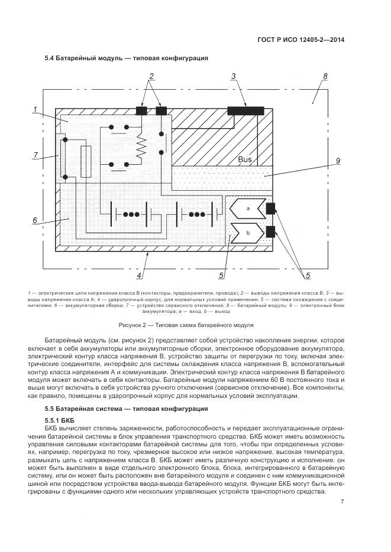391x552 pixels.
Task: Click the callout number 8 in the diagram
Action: coord(325,77)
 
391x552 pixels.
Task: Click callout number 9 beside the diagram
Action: coord(337,161)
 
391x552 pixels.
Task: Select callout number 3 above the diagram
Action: coord(234,76)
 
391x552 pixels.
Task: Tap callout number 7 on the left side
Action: coord(35,155)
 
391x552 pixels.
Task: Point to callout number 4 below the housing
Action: coord(138,275)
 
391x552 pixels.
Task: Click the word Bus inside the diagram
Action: coord(245,160)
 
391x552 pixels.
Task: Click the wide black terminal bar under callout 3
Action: coord(245,110)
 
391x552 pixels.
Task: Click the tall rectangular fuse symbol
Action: coord(85,161)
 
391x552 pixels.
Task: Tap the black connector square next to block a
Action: coord(272,208)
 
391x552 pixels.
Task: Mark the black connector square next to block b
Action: coord(272,232)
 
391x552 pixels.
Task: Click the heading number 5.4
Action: coord(49,58)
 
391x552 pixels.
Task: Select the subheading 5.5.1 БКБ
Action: coord(58,419)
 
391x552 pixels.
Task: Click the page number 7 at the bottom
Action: coord(342,502)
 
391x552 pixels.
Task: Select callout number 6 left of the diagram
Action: coord(35,220)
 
